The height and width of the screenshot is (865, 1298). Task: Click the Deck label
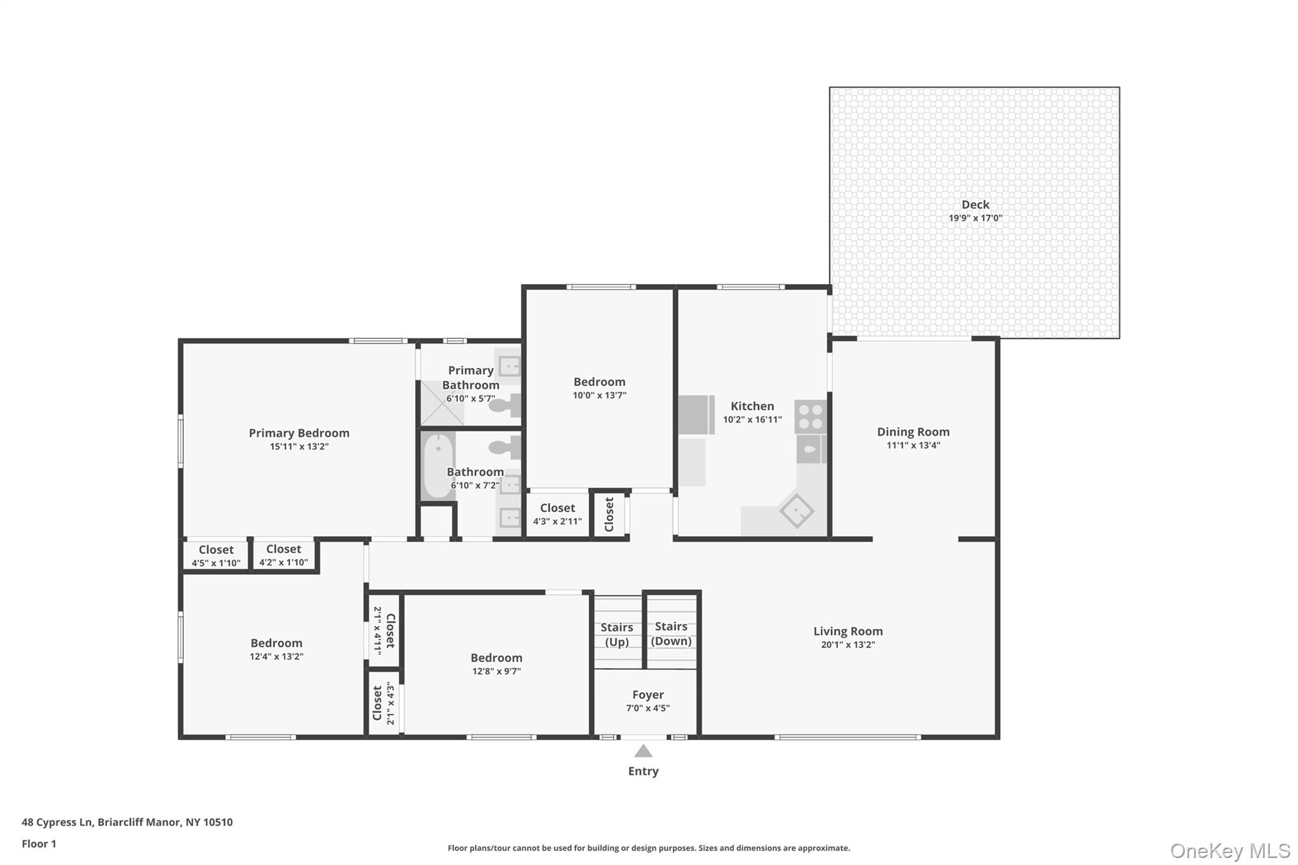click(x=975, y=205)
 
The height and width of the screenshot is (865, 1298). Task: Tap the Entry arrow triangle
click(x=643, y=752)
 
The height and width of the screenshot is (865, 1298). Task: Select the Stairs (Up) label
click(x=617, y=634)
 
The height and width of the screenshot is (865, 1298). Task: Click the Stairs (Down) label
click(x=671, y=634)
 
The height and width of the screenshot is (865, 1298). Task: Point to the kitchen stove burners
click(x=811, y=416)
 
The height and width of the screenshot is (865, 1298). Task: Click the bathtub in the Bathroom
click(x=438, y=466)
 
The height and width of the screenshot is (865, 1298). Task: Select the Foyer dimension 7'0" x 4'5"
click(x=648, y=708)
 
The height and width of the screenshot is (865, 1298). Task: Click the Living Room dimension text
click(x=848, y=645)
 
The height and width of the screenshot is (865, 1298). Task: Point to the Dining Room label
click(x=913, y=432)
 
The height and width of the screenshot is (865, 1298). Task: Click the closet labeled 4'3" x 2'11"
click(x=557, y=515)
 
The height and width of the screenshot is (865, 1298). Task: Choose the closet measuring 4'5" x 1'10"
click(x=215, y=556)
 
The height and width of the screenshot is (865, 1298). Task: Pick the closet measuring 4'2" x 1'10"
click(x=283, y=555)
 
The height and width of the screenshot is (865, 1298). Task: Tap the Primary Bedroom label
click(x=299, y=433)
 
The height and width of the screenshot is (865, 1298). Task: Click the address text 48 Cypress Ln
click(x=127, y=823)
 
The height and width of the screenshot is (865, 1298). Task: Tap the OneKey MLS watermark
click(x=1230, y=851)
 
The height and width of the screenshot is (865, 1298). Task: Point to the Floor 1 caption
click(x=39, y=844)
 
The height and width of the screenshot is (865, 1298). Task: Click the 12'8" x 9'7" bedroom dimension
click(x=496, y=672)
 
